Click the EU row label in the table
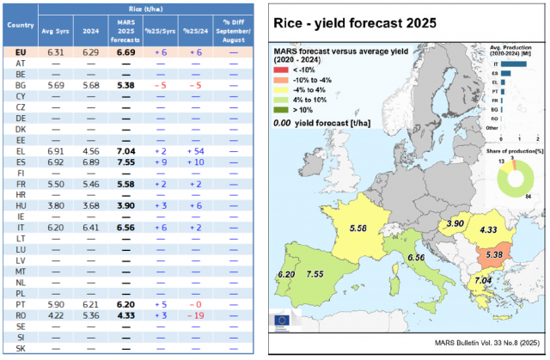point(20,52)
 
